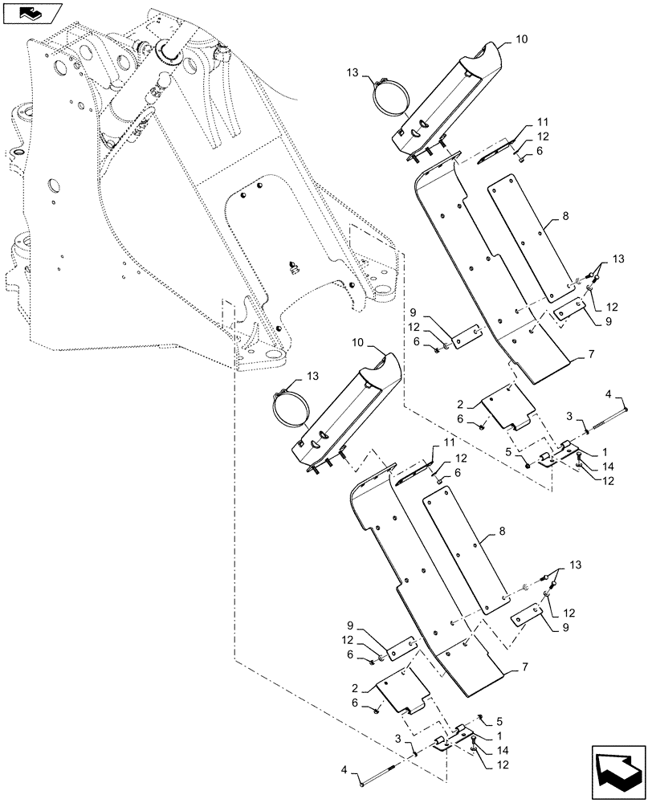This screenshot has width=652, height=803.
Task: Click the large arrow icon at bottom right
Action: [x=617, y=772]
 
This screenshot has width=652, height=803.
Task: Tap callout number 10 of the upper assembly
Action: [x=521, y=38]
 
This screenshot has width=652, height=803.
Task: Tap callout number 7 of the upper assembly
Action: [x=592, y=353]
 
